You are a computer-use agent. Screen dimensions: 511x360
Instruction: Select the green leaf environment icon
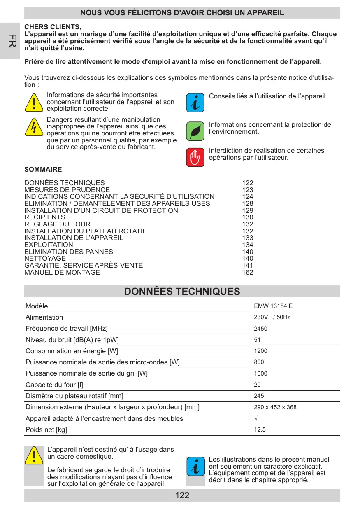(195, 131)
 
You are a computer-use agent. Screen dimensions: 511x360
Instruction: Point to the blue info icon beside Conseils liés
(195, 103)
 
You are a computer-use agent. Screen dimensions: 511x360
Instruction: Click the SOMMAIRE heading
(43, 169)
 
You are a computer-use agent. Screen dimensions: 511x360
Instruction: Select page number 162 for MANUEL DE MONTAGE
(248, 273)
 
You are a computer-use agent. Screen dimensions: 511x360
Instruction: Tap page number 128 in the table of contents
(248, 204)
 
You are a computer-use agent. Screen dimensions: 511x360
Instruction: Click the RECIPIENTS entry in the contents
(45, 217)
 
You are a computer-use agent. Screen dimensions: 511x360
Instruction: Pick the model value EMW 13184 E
(273, 306)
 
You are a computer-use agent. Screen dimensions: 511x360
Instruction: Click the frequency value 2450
(260, 329)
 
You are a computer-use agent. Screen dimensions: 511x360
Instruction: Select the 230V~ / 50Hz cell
(272, 317)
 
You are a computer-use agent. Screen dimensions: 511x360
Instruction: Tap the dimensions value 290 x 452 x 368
(275, 407)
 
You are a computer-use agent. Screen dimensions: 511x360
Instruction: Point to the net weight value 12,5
(260, 429)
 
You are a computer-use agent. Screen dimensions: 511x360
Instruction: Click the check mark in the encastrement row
(256, 418)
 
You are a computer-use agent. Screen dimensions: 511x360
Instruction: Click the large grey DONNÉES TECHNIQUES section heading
(182, 292)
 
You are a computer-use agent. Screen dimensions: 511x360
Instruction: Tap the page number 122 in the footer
(182, 495)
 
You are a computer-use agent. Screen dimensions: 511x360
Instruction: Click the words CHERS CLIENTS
(53, 28)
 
